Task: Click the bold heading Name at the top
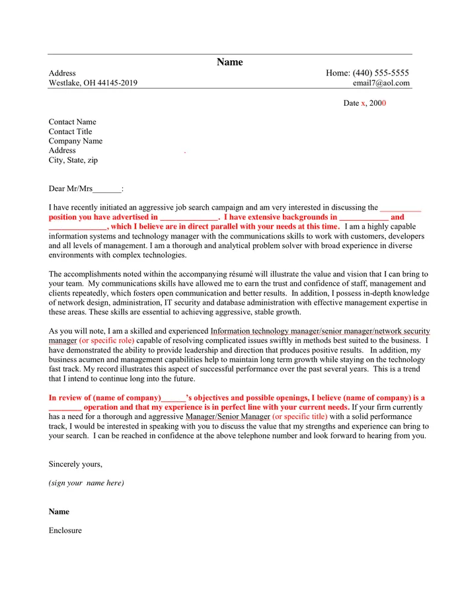click(229, 62)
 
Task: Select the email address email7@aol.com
click(381, 83)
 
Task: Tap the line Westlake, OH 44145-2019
click(93, 83)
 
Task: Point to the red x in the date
click(363, 103)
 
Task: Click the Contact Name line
click(72, 122)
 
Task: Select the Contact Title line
click(70, 132)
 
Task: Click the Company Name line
click(75, 141)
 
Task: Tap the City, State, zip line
click(73, 160)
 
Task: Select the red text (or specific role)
click(106, 340)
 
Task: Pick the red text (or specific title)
click(299, 417)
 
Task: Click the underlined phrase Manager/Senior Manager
click(227, 417)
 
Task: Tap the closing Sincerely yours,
click(75, 464)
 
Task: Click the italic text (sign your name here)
click(86, 483)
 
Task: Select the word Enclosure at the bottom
click(65, 530)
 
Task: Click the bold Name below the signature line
click(59, 512)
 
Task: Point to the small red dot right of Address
click(185, 153)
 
